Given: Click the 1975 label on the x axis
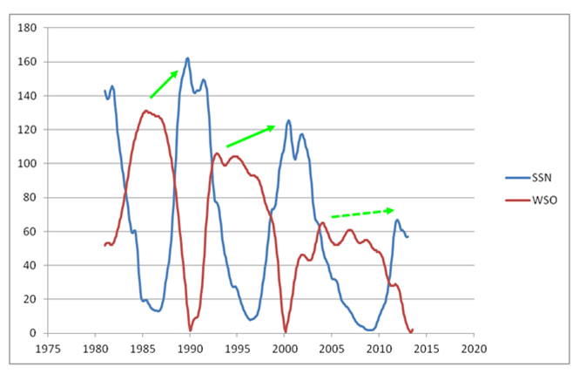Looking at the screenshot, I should pyautogui.click(x=50, y=347).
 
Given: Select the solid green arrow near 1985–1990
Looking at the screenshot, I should pyautogui.click(x=165, y=84).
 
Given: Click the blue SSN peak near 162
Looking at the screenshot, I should pyautogui.click(x=187, y=58).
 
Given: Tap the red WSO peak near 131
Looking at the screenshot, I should pyautogui.click(x=145, y=111).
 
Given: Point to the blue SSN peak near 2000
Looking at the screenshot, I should pyautogui.click(x=288, y=121).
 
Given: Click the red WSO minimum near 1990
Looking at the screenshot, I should pyautogui.click(x=190, y=330).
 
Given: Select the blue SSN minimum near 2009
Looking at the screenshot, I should pyautogui.click(x=369, y=330).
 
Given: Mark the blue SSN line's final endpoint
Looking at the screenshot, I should pyautogui.click(x=407, y=237).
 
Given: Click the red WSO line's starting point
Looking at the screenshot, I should pyautogui.click(x=104, y=245).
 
